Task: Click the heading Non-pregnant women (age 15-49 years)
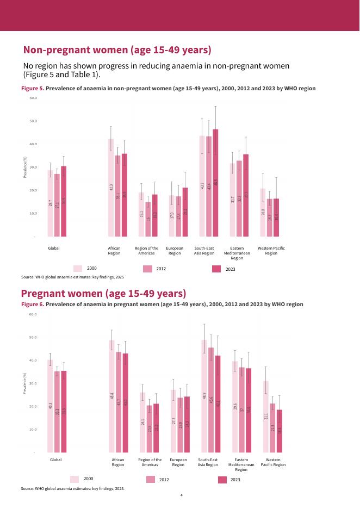tap(117, 50)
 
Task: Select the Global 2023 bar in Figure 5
tap(64, 201)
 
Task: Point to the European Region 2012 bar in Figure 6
tap(180, 425)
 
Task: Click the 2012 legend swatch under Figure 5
tap(147, 269)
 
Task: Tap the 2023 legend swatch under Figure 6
tap(222, 480)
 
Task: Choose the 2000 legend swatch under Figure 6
tap(75, 479)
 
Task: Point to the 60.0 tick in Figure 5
tap(33, 98)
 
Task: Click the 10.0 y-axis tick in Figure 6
tap(33, 430)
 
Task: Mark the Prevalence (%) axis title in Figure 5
tap(24, 167)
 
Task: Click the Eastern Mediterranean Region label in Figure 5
tap(233, 253)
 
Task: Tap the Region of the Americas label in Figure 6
tap(150, 462)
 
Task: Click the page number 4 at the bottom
tap(181, 496)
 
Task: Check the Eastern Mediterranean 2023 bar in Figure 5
tap(246, 196)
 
